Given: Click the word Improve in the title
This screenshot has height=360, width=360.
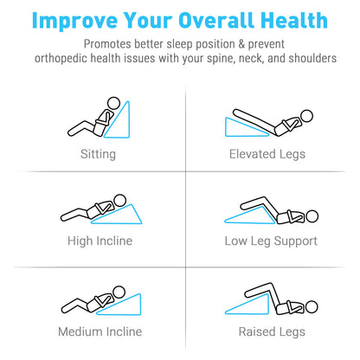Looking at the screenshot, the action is pyautogui.click(x=75, y=21).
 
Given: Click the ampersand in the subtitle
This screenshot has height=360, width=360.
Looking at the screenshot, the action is pyautogui.click(x=241, y=44).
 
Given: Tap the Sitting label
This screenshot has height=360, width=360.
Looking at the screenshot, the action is pyautogui.click(x=98, y=154).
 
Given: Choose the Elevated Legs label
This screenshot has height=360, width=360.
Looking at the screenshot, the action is pyautogui.click(x=267, y=154).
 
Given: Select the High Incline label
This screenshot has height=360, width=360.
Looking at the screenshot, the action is pyautogui.click(x=100, y=241).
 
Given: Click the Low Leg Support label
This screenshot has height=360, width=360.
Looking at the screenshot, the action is pyautogui.click(x=271, y=241).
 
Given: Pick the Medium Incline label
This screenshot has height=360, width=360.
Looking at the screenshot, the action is pyautogui.click(x=100, y=331).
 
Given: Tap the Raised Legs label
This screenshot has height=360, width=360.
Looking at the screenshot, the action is pyautogui.click(x=272, y=331).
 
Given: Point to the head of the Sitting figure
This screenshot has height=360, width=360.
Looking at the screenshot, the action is pyautogui.click(x=113, y=103).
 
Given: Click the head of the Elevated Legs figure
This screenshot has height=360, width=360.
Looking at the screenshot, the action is pyautogui.click(x=306, y=116).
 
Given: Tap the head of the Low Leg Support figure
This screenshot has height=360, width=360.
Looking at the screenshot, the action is pyautogui.click(x=312, y=216).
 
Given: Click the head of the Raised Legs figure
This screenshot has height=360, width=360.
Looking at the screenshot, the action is pyautogui.click(x=312, y=307).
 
